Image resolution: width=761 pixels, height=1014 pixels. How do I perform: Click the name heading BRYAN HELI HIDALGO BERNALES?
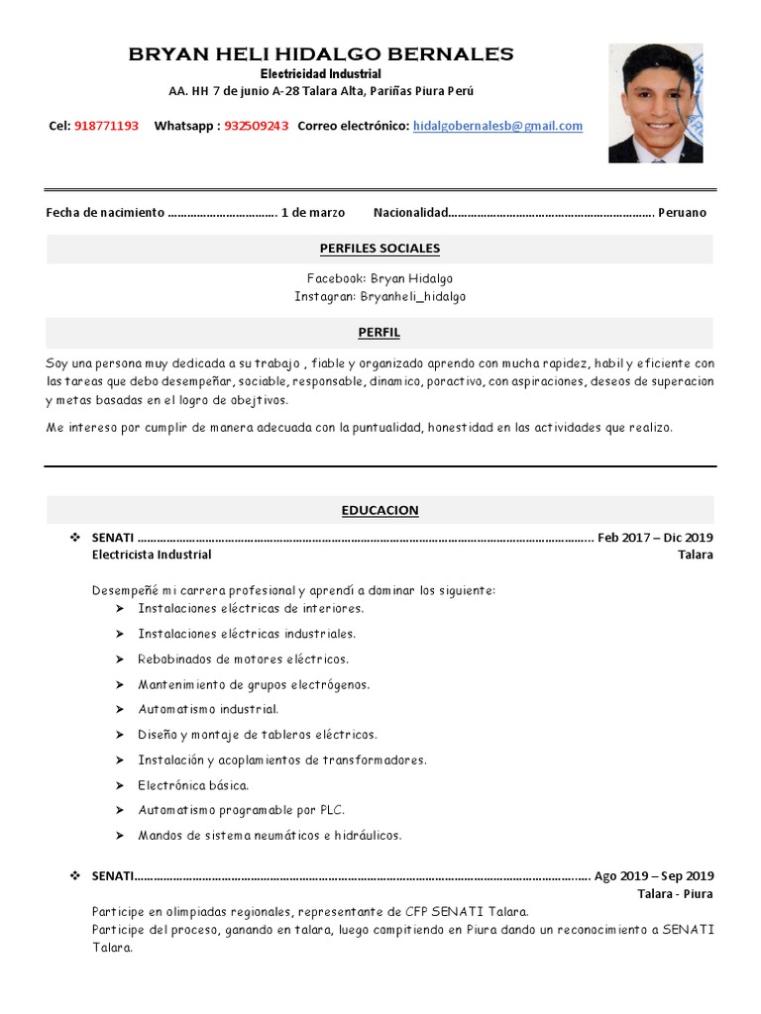tap(321, 54)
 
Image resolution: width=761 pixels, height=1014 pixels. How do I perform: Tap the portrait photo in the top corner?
tap(655, 102)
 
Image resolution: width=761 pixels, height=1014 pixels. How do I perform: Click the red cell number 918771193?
tap(106, 126)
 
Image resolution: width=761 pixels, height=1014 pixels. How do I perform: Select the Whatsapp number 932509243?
tap(257, 126)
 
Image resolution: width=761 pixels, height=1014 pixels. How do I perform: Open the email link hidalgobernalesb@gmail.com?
tap(497, 126)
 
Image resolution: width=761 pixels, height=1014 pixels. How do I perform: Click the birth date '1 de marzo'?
tap(313, 212)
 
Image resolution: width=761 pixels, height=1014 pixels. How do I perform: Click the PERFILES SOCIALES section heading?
tap(380, 249)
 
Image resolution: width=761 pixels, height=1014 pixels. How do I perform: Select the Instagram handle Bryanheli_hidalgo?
tap(412, 296)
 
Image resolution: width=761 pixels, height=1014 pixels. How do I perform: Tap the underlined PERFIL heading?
tap(380, 333)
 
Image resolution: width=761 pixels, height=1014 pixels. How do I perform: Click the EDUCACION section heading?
tap(380, 510)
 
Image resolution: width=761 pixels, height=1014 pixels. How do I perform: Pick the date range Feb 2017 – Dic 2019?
tap(655, 538)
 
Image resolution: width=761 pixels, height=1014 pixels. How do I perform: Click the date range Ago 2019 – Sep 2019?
tap(653, 875)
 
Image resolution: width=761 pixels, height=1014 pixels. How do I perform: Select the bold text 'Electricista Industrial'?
tap(152, 555)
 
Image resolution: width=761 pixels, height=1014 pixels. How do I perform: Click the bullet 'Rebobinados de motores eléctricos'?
tap(244, 659)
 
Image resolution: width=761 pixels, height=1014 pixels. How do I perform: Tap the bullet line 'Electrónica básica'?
tap(193, 785)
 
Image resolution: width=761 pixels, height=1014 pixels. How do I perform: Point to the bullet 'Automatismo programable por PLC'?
tap(241, 810)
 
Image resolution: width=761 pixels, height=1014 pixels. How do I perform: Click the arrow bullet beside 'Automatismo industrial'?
tap(119, 709)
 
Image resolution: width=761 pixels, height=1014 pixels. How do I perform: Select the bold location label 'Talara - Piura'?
tap(675, 893)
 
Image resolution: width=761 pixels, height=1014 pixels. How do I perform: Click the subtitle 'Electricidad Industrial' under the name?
tap(321, 74)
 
